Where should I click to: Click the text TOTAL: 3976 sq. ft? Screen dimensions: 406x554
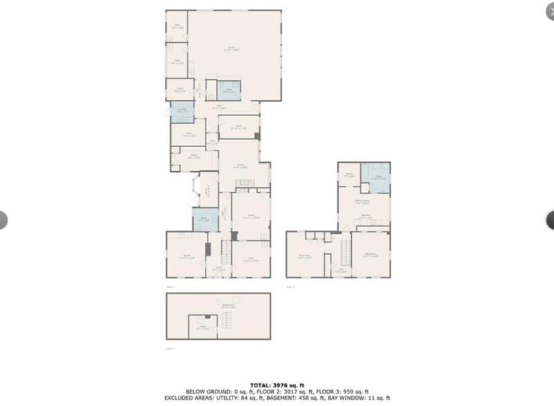(276, 385)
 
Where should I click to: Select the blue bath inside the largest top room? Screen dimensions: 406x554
(229, 90)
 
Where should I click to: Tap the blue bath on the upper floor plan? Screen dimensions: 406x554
(375, 176)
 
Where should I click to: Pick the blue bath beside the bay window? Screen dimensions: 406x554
(205, 220)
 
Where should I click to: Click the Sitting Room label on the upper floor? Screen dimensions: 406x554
(363, 202)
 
